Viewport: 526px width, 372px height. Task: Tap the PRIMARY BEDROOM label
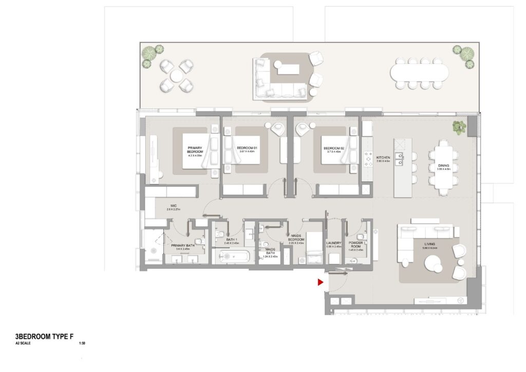click(x=195, y=150)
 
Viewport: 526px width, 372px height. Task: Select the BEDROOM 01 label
click(x=247, y=148)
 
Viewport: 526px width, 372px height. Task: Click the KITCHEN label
click(x=384, y=157)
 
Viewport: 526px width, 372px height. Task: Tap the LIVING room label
click(x=429, y=244)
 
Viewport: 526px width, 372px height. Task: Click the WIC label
click(x=167, y=207)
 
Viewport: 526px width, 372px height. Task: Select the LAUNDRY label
click(x=334, y=244)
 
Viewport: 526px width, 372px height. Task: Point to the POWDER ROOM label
click(x=355, y=245)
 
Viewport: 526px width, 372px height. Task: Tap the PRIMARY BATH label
click(x=182, y=246)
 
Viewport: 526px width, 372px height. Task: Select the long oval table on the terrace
click(x=419, y=72)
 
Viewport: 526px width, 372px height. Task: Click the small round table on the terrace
click(x=176, y=76)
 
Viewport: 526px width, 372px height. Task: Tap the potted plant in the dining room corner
click(x=459, y=126)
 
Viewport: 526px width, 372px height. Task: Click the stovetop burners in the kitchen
click(x=368, y=159)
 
